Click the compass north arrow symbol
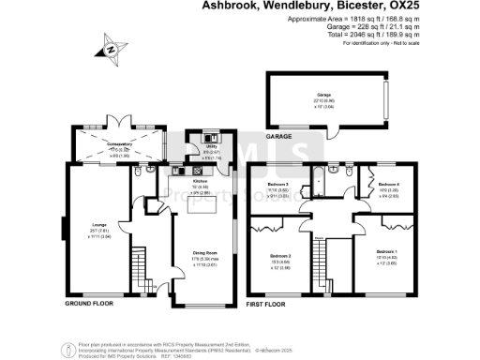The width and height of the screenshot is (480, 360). tap(111, 49)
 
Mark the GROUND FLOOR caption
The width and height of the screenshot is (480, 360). tap(90, 305)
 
